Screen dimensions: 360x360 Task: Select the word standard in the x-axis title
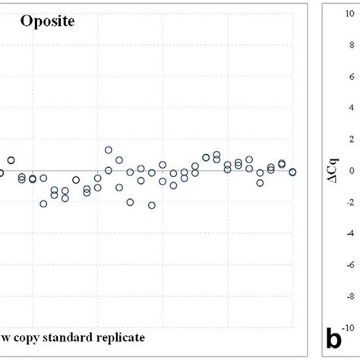click(68, 335)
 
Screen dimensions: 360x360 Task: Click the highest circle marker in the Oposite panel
click(109, 150)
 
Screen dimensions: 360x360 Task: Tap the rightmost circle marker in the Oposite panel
click(292, 172)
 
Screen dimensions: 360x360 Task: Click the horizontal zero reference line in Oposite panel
click(190, 171)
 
